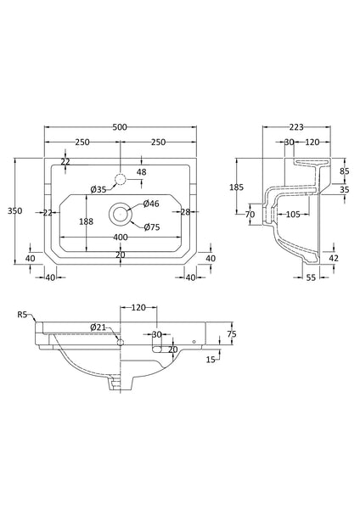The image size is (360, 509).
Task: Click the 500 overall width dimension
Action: click(x=120, y=127)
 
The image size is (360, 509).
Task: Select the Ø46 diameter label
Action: click(x=151, y=204)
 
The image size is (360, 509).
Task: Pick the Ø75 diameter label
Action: click(x=152, y=227)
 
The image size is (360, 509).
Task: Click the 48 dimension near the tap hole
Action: click(x=142, y=173)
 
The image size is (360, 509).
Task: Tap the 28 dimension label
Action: click(x=184, y=213)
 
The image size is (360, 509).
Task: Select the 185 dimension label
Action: click(x=239, y=186)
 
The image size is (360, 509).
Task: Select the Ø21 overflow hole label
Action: click(x=98, y=327)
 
